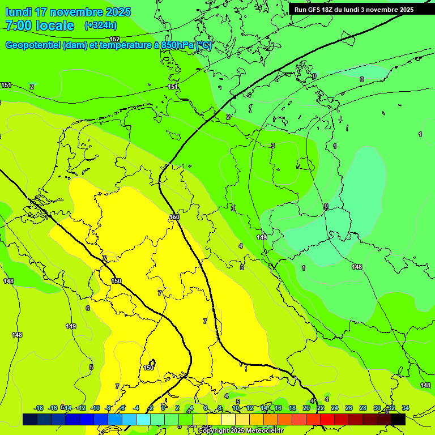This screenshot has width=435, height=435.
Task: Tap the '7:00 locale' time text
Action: coord(40,25)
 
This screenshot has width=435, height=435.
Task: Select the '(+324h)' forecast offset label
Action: coord(100,25)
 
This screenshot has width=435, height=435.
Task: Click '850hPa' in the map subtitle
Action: coord(178,45)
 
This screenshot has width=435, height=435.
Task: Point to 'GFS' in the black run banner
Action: coord(317,10)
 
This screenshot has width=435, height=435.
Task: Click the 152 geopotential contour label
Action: coord(114,39)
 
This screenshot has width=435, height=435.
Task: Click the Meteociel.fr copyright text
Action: coord(240,431)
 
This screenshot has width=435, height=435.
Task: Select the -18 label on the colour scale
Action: coord(39,408)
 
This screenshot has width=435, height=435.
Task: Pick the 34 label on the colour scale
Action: coord(406,408)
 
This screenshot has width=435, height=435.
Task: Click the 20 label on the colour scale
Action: coord(306,408)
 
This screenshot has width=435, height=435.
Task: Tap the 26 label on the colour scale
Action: coord(349,408)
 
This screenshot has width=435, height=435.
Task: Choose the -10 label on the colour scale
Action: coord(95,408)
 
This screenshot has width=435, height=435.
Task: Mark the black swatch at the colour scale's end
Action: coord(398,419)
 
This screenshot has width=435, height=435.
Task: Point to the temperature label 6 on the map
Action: coord(87,308)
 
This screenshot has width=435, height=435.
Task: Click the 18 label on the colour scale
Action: coord(292,408)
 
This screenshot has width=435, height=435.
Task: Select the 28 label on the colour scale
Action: coord(363,408)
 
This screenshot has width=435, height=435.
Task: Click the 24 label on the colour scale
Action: coord(335,408)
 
